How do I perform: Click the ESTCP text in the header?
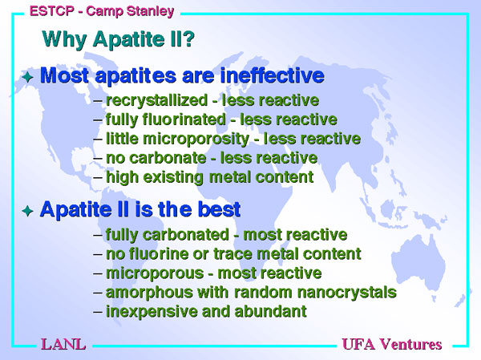[x=52, y=11]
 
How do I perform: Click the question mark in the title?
[x=188, y=38]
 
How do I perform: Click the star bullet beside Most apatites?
[x=27, y=76]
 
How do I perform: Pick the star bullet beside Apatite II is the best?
[x=27, y=211]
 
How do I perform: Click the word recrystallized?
[x=156, y=101]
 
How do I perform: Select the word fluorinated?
[x=184, y=119]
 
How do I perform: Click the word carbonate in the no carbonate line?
[x=168, y=158]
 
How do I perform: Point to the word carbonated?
[x=186, y=234]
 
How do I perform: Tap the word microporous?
[x=155, y=273]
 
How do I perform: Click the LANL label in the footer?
[x=63, y=344]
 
